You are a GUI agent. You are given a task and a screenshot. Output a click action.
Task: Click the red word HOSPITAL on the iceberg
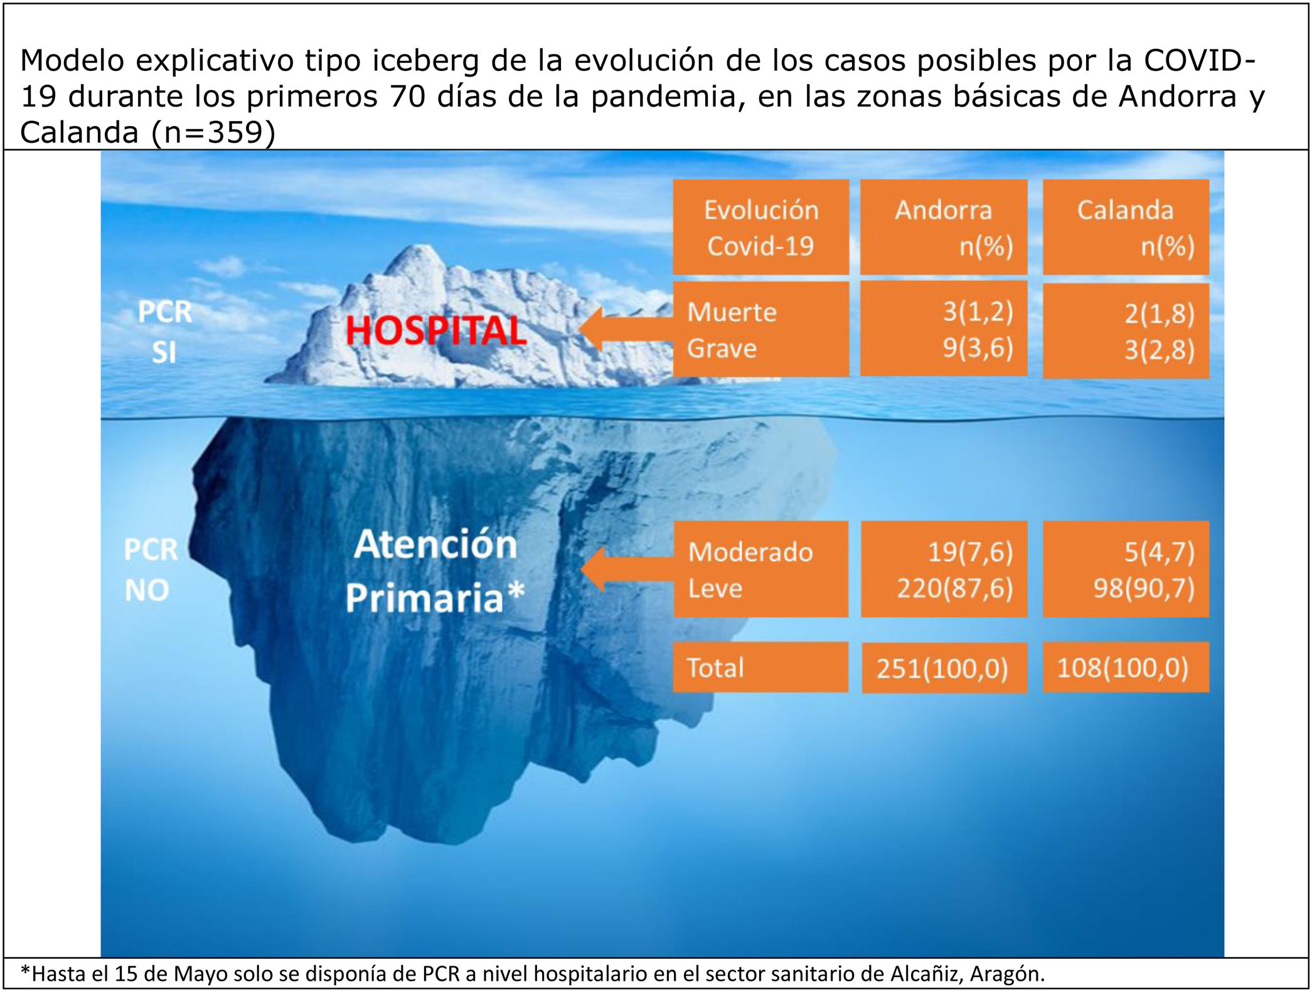[x=436, y=330]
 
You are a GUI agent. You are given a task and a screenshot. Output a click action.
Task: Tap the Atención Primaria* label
[x=435, y=571]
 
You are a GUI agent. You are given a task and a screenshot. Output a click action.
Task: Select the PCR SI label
[x=165, y=332]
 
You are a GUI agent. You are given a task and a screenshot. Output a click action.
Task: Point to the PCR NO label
[x=151, y=570]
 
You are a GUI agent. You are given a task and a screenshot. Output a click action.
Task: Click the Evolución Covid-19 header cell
[x=761, y=227]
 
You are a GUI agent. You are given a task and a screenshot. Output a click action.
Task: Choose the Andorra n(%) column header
[x=944, y=227]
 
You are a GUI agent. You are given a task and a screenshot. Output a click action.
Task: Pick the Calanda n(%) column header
[x=1126, y=227]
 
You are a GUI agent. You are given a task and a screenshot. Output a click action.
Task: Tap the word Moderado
[x=750, y=552]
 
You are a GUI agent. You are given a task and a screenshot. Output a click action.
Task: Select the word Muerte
[x=732, y=312]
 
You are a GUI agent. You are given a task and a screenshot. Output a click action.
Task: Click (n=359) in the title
[x=213, y=132]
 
